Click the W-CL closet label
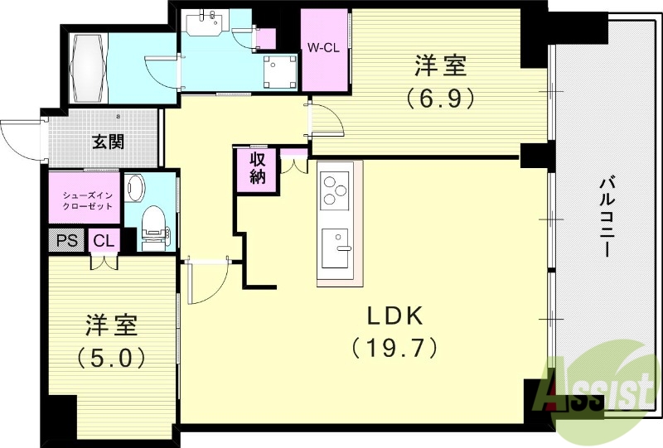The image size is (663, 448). point(323,48)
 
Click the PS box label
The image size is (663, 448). point(65,240)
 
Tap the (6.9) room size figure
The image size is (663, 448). point(440,99)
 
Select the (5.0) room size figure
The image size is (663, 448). point(112,358)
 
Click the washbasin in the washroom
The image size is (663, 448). point(203,23)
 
